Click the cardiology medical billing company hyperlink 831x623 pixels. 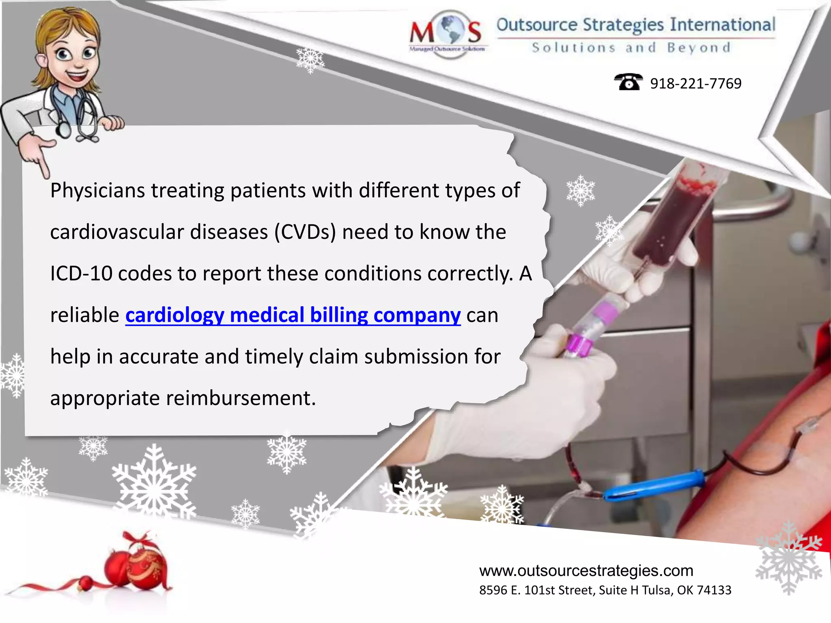pyautogui.click(x=293, y=316)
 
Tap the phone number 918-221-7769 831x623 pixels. pyautogui.click(x=695, y=84)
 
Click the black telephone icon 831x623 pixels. pyautogui.click(x=628, y=82)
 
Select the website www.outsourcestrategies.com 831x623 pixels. pyautogui.click(x=586, y=571)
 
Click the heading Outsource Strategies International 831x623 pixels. pyautogui.click(x=635, y=25)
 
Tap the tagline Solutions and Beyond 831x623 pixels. pyautogui.click(x=631, y=48)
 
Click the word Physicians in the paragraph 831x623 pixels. pyautogui.click(x=97, y=191)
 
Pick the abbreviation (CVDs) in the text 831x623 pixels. pyautogui.click(x=305, y=232)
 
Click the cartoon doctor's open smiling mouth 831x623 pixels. pyautogui.click(x=77, y=76)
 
